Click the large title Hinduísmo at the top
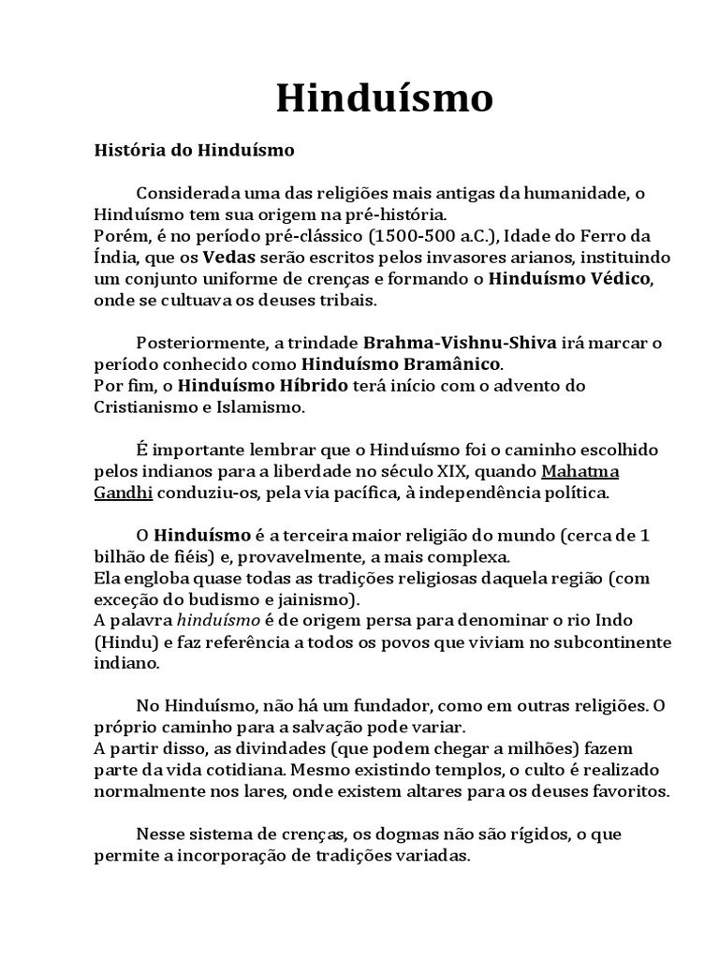[384, 98]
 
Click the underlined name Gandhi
[123, 492]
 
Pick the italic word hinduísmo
[216, 619]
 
